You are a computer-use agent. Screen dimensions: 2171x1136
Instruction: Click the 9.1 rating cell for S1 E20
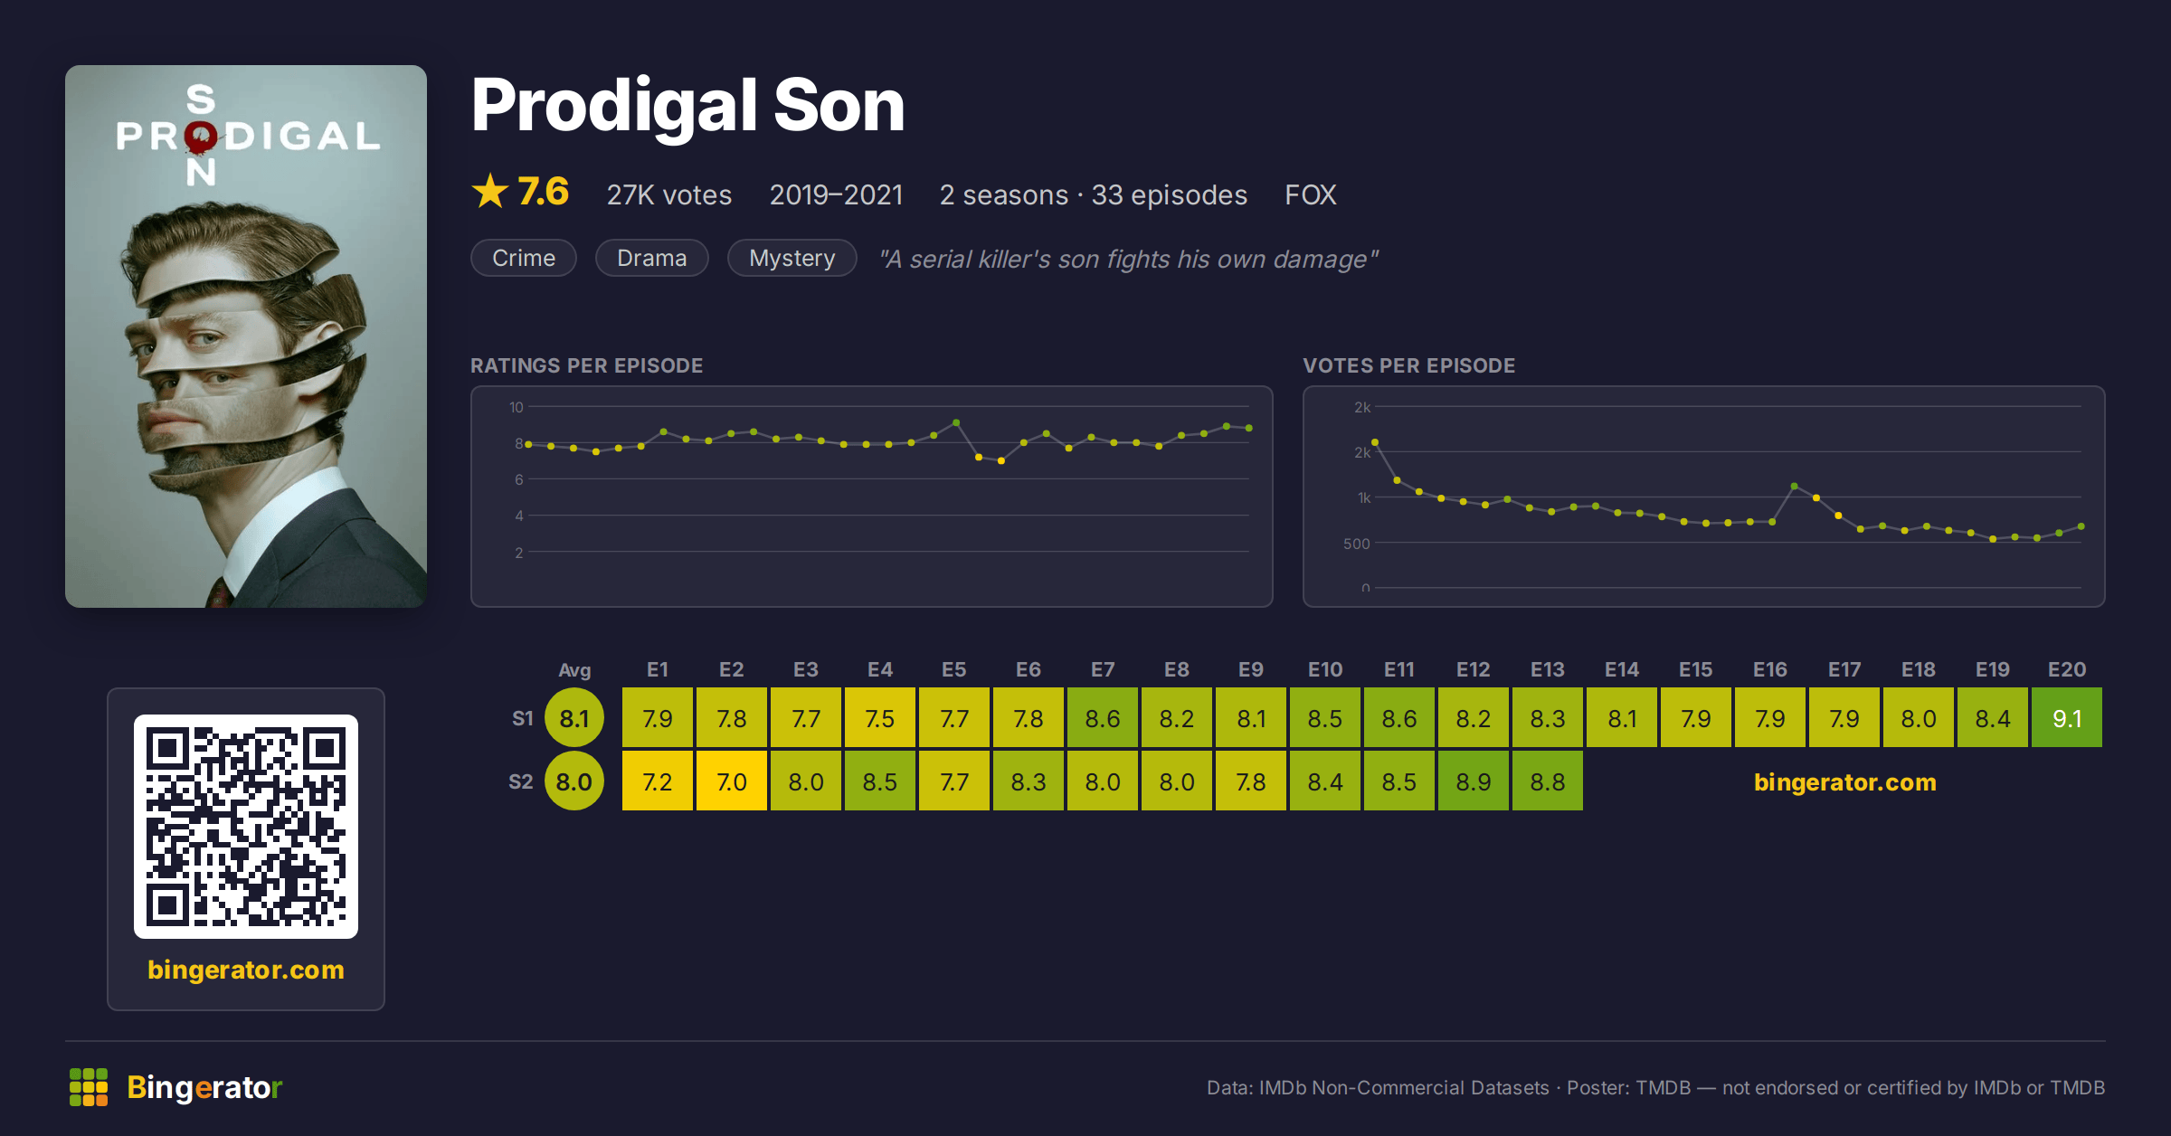(2066, 718)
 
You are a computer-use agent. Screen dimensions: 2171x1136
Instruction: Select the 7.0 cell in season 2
(731, 781)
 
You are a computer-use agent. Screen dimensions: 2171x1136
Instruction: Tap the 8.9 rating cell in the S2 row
(1473, 781)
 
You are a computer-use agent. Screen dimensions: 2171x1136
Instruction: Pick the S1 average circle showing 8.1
(574, 718)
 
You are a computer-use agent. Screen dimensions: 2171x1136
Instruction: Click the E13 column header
(1547, 669)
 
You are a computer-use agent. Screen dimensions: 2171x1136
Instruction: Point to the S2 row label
(520, 781)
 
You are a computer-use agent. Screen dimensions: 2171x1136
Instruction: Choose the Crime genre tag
(524, 258)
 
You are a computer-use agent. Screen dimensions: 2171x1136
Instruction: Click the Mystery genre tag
(792, 258)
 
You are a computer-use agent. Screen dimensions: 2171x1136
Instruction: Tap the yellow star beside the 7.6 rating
(490, 192)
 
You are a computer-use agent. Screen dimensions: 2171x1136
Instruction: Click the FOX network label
(1310, 194)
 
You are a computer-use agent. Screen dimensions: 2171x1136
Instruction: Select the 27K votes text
(669, 194)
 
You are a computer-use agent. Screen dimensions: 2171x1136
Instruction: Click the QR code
(246, 827)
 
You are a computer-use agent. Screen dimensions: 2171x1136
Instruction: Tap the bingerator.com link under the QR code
(246, 970)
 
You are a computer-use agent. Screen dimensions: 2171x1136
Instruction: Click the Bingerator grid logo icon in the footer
(89, 1087)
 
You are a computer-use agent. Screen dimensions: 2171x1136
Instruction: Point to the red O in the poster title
(201, 137)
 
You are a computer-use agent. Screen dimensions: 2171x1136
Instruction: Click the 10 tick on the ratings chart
(517, 407)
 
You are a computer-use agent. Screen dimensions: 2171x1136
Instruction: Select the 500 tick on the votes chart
(1357, 544)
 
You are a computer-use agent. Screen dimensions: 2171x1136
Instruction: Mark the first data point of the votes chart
(1375, 442)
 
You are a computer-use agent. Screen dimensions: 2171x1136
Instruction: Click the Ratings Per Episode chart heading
(586, 365)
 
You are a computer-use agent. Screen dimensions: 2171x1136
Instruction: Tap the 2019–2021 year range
(836, 194)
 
